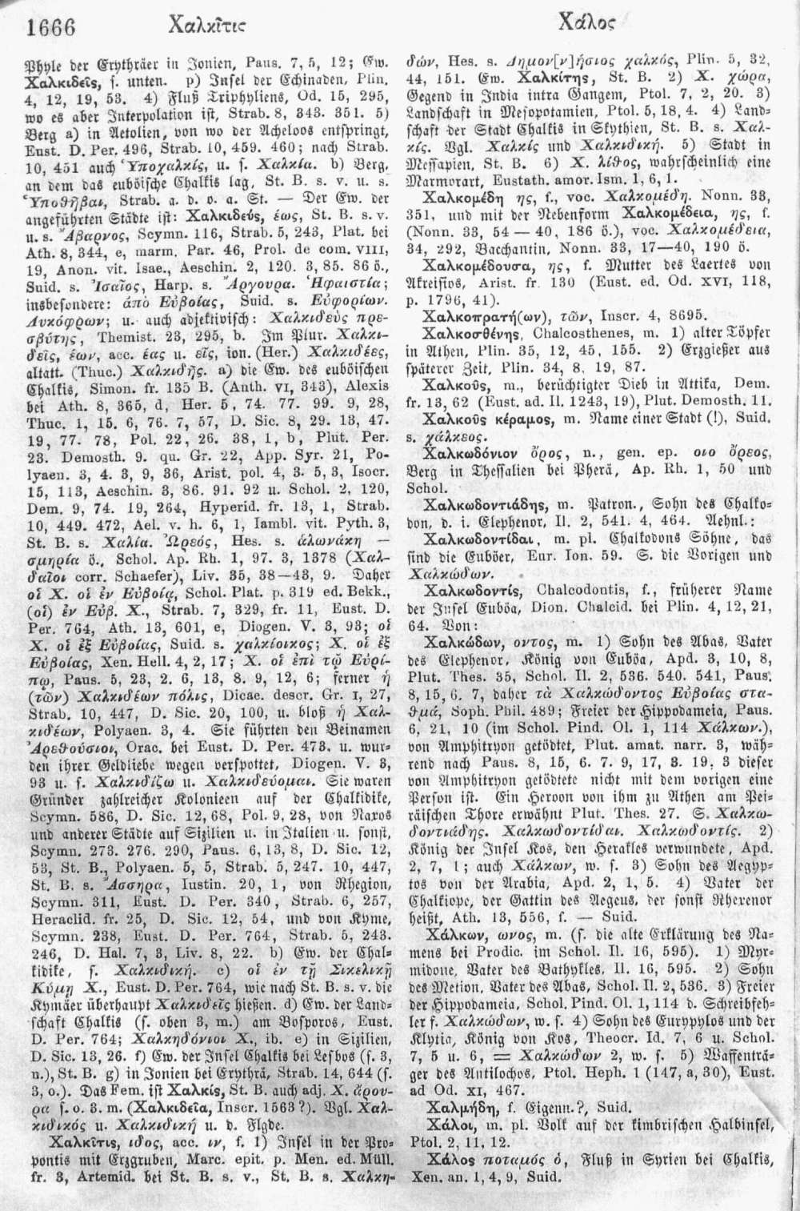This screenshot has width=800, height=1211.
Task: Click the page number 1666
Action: tap(50, 28)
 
